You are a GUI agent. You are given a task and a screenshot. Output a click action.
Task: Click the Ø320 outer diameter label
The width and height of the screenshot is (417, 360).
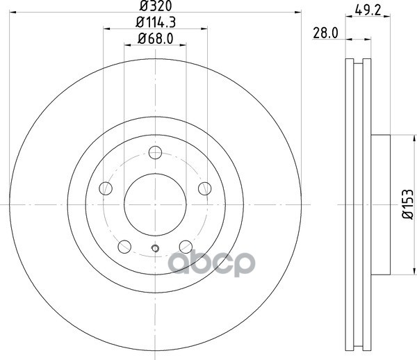coord(156,6)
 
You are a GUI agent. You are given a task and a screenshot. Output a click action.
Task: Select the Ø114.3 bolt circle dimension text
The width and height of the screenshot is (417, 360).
coord(156,22)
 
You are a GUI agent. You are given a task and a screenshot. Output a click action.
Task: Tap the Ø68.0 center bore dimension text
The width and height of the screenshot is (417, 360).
coord(155,39)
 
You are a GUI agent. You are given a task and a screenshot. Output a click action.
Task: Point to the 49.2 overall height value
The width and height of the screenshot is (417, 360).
coord(368,10)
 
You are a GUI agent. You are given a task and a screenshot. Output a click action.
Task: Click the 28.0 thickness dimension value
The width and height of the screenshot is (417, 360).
coord(325,33)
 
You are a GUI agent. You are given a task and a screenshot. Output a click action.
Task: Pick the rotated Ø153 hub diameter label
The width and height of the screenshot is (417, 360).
coord(407,204)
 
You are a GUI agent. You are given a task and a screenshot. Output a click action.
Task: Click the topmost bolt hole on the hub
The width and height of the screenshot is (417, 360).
coord(155,153)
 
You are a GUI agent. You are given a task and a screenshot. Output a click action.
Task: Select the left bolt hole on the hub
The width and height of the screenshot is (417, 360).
coord(106,188)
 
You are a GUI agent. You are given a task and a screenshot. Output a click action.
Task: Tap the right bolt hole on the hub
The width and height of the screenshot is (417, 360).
coord(205,188)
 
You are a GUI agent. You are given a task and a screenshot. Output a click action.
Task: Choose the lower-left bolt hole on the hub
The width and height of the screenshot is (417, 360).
coord(124,247)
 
